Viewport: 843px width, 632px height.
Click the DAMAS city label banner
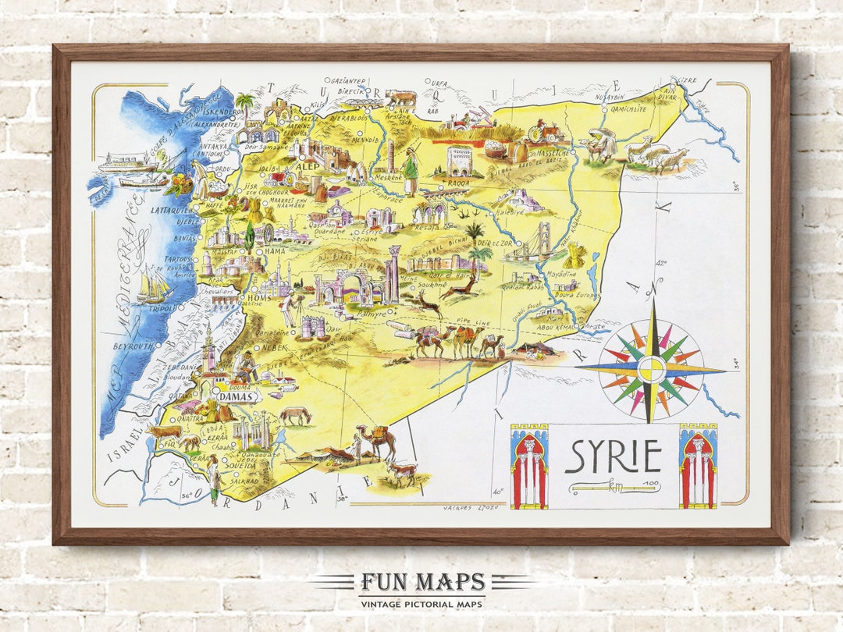pos(237,396)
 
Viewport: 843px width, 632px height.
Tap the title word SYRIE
pos(613,456)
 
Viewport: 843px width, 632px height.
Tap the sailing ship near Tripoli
pos(154,286)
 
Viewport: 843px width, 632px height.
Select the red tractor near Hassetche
pos(546,130)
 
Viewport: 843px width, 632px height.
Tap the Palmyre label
pos(372,314)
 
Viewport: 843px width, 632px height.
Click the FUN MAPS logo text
pos(422,583)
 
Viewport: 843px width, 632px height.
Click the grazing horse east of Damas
pos(295,415)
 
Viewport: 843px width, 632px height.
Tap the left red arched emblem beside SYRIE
pos(529,467)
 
